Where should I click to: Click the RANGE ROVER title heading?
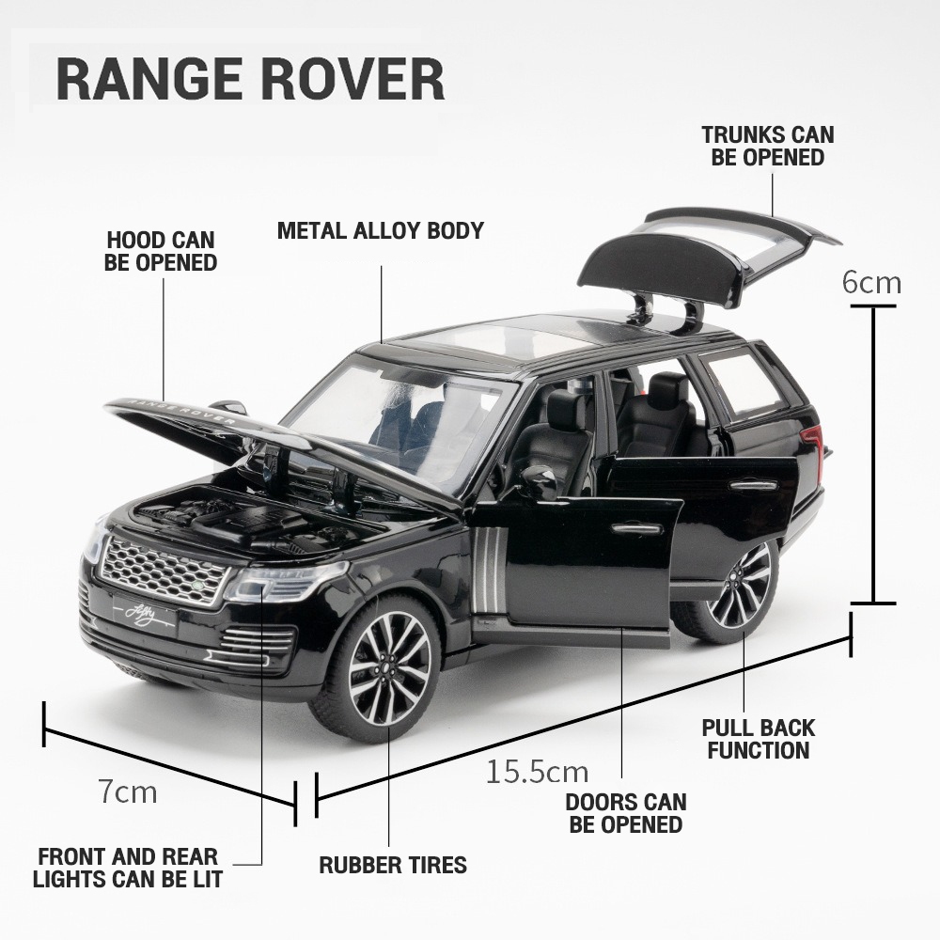[x=251, y=80]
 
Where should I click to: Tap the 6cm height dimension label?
[x=871, y=282]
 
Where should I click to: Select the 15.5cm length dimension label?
[x=537, y=772]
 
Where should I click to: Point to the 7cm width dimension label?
[x=128, y=791]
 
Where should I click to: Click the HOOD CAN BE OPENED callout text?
[x=161, y=251]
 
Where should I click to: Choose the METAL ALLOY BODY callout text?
[x=381, y=230]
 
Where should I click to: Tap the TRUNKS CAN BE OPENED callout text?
[x=768, y=146]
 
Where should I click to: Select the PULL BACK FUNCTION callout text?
[x=759, y=739]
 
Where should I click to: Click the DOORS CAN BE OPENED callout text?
[x=626, y=813]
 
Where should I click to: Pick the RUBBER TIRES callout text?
[x=393, y=865]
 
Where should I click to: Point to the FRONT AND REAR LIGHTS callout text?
[x=128, y=868]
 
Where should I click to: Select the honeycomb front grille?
[x=162, y=570]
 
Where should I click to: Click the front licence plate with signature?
[x=145, y=614]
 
